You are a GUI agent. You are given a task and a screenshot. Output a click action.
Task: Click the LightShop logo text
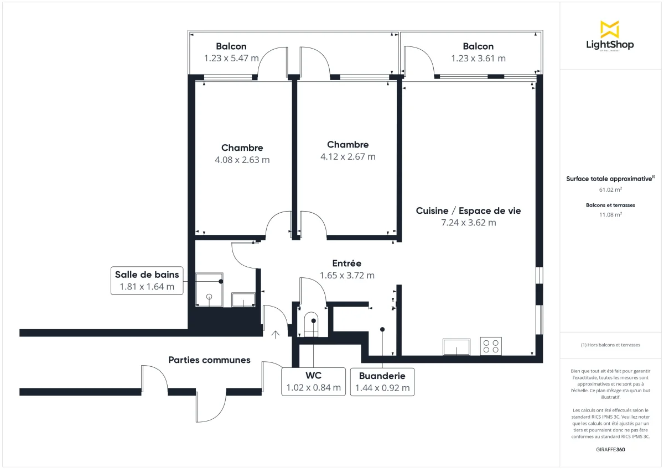610,45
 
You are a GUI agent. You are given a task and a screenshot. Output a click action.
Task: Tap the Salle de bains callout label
147,281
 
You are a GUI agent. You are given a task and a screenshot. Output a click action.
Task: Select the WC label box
313,381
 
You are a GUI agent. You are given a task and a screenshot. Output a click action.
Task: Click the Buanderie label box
382,382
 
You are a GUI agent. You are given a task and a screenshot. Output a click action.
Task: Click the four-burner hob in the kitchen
491,346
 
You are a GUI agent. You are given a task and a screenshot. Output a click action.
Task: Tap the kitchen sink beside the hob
456,347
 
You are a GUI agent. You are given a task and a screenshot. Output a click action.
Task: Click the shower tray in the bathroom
209,289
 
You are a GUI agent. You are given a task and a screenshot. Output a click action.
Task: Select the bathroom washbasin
243,300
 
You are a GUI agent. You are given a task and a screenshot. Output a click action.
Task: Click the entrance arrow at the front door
276,334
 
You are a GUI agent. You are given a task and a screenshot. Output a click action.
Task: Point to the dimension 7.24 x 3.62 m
468,223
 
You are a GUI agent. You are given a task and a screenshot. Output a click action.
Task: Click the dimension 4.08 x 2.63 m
242,160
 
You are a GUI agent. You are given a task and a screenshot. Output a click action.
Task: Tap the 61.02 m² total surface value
610,189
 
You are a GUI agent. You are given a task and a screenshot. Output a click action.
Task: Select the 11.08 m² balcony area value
610,214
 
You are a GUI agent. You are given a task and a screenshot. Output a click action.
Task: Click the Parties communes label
209,360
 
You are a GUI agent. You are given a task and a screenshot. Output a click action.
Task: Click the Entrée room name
346,263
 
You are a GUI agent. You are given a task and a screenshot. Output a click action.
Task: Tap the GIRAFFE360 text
610,450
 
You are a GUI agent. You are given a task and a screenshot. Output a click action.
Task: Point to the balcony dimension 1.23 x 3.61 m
478,59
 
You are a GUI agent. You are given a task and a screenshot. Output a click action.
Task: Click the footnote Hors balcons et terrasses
610,345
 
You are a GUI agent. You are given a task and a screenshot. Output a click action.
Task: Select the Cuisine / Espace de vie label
468,210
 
